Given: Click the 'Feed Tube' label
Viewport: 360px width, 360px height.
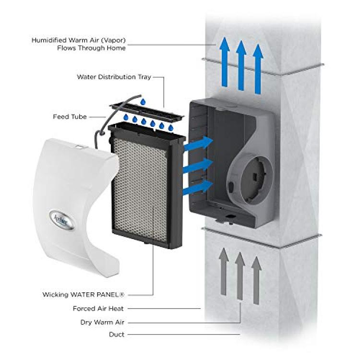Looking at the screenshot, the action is point(70,117).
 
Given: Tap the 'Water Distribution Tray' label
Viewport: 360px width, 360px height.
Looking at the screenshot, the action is point(114,77).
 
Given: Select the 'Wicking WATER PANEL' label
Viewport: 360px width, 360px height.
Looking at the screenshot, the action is point(84,295).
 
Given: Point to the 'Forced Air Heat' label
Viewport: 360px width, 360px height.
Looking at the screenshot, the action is point(98,309).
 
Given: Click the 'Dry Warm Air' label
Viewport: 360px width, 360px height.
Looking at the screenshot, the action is point(102,323).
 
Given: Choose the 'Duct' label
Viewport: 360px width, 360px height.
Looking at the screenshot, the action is point(117,335).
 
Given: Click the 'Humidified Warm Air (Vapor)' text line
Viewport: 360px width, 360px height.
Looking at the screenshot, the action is point(79,40).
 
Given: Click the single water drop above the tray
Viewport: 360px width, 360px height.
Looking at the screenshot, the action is point(143,101).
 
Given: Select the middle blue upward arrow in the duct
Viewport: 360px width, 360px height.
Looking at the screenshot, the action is point(241,65).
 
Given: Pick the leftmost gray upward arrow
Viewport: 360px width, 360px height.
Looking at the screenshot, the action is point(224,272).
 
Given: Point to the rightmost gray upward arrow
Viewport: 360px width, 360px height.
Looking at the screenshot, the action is point(256,281).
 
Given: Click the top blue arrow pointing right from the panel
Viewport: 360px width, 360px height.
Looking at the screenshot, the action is point(198,144).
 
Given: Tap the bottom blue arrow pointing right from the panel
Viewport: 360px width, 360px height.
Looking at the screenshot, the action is point(198,187).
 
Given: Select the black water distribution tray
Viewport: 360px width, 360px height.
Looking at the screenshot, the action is point(147,112).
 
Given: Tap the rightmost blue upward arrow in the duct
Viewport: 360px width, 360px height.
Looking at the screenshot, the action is point(258,69).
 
